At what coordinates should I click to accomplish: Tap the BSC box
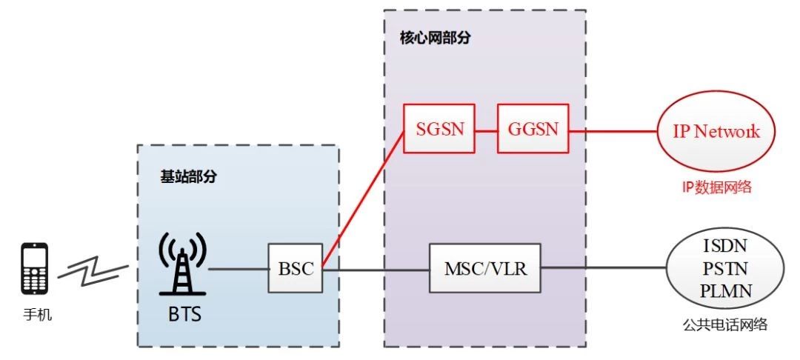point(296,269)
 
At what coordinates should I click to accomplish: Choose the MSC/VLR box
point(485,269)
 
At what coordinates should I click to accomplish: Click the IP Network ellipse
point(716,132)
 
